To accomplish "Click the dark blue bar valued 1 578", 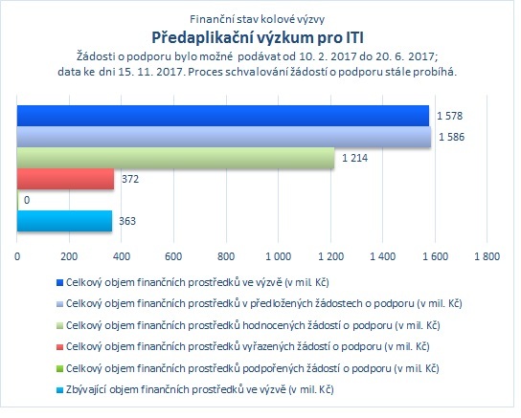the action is click(223, 116).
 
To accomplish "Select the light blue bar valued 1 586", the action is click(224, 137).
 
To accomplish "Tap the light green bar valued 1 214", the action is click(176, 158).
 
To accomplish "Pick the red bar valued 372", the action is click(65, 179).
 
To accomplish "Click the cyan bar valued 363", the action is click(64, 221).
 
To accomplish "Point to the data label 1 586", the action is click(451, 137).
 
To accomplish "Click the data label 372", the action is click(130, 179).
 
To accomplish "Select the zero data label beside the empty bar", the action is click(27, 200).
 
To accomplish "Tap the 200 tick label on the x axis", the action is click(69, 256).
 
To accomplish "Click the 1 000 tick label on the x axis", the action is click(278, 256).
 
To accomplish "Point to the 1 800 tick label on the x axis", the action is click(487, 256).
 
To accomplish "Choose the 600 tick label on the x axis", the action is click(173, 256).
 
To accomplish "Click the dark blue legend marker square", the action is click(59, 282).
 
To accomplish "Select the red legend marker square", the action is click(59, 347).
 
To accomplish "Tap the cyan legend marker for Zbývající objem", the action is click(59, 390).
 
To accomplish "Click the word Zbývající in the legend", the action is click(86, 389).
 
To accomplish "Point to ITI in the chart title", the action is click(354, 37).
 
